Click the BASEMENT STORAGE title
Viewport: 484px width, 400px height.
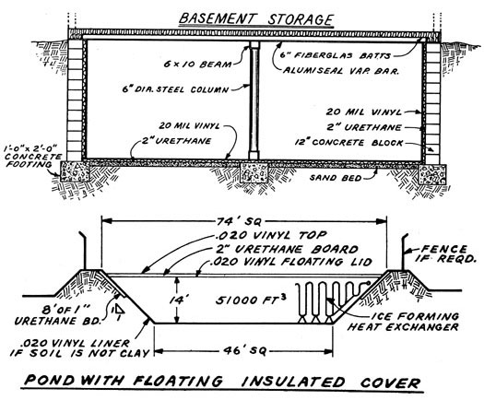[x=256, y=18]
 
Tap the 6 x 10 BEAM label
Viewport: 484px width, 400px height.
[x=197, y=65]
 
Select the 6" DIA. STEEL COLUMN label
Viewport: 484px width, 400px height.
[x=175, y=89]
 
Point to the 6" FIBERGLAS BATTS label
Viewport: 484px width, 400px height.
[x=336, y=55]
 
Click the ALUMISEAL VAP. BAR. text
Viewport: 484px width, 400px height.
[x=341, y=71]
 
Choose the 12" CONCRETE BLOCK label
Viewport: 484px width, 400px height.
[x=348, y=143]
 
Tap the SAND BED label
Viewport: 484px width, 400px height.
[x=336, y=178]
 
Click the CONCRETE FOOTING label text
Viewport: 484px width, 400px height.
[x=32, y=157]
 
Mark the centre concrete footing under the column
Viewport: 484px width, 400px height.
[x=254, y=172]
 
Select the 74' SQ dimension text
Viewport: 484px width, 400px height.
[x=239, y=221]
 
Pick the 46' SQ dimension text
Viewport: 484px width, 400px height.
[x=244, y=351]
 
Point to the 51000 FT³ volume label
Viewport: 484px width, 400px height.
[x=250, y=300]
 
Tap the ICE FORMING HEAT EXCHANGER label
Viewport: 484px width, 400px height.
[x=403, y=322]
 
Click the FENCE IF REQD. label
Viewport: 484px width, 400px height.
[x=444, y=253]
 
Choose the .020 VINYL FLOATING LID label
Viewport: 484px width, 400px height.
[x=290, y=262]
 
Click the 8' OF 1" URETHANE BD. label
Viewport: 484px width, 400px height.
[x=58, y=315]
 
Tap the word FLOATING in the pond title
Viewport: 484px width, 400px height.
[x=178, y=381]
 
